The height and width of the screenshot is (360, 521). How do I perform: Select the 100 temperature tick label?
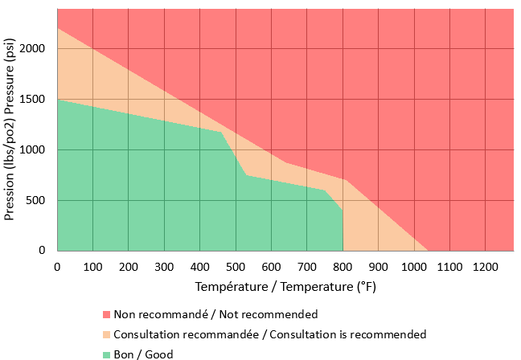click(93, 265)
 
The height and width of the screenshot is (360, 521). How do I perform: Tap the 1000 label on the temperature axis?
click(414, 265)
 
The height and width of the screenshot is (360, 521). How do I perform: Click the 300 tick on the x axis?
click(165, 265)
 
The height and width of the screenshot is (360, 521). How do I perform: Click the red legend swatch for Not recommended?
click(106, 314)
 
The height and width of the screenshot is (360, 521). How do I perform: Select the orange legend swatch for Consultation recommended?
click(106, 334)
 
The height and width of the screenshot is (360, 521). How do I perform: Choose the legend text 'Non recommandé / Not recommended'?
click(215, 314)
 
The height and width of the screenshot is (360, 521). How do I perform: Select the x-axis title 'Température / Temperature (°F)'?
click(285, 287)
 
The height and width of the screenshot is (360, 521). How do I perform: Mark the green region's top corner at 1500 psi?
click(58, 100)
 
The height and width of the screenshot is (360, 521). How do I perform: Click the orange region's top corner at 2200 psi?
click(58, 29)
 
